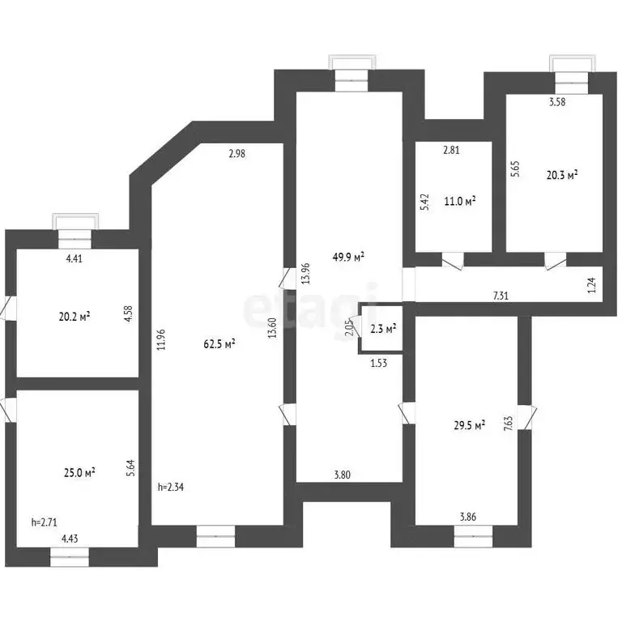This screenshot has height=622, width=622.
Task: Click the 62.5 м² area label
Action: point(219,343)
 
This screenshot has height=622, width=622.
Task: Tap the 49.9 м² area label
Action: point(348,257)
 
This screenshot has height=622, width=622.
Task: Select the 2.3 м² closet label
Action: point(384,329)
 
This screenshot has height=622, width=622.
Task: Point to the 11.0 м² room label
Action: point(460,201)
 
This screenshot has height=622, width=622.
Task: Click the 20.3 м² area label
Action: point(562,175)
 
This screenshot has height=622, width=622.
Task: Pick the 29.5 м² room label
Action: point(470,426)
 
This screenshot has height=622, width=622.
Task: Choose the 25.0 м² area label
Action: point(79,473)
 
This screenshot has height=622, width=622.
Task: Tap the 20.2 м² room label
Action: point(75,317)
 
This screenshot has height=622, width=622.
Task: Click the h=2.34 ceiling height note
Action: point(171,487)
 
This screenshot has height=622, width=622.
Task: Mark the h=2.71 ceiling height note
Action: point(44,522)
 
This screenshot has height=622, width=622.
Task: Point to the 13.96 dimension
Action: point(305,274)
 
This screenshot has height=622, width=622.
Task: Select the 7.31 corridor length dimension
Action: point(501,296)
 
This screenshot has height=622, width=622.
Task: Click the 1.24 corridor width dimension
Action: point(591,285)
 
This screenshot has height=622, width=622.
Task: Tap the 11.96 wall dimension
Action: point(161,339)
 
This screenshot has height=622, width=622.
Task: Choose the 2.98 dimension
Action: point(237,154)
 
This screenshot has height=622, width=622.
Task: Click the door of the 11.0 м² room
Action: point(452,262)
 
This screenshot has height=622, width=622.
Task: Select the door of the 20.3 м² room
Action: point(556,262)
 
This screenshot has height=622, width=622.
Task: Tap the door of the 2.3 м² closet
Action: point(355,326)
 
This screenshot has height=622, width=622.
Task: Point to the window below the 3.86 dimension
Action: point(473,536)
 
